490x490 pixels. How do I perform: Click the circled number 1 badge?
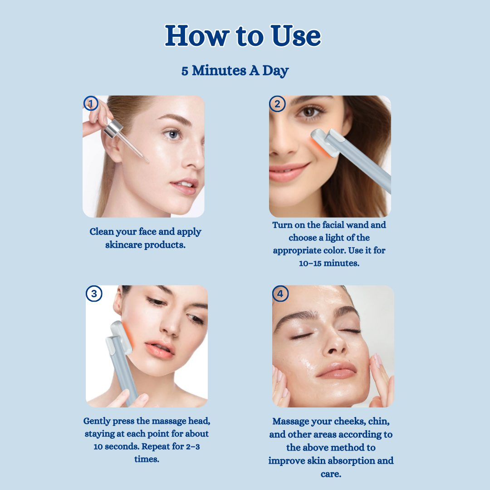[91, 103]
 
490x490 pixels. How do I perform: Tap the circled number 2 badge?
[277, 104]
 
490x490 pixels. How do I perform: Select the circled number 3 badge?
[94, 294]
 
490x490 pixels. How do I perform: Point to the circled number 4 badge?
[280, 294]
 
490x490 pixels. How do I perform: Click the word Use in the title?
[296, 36]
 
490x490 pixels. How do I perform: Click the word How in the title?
[197, 36]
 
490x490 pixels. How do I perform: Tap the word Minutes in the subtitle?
[219, 70]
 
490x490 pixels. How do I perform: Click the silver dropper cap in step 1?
[113, 128]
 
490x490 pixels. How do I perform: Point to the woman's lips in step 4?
[336, 370]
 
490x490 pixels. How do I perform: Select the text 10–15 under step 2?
[310, 264]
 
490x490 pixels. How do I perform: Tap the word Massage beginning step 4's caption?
[291, 421]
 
